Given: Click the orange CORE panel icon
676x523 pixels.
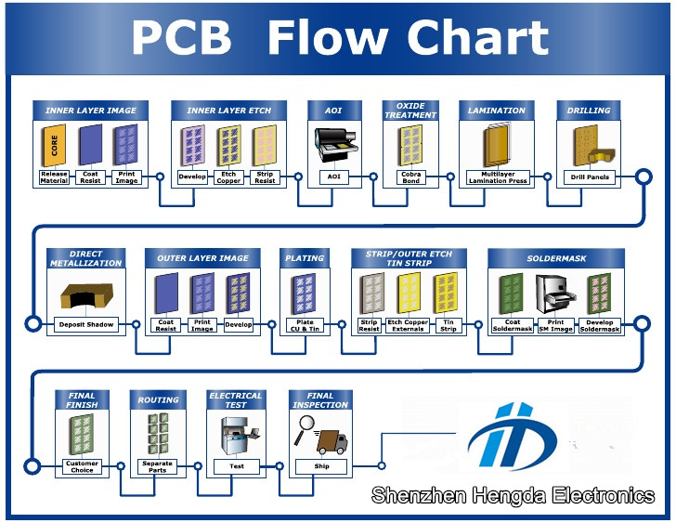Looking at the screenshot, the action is pos(54,145).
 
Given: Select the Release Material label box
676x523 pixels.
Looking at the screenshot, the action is pos(54,177).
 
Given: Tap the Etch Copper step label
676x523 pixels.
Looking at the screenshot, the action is pos(228,177).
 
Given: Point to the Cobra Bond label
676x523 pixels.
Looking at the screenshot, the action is pos(410,177).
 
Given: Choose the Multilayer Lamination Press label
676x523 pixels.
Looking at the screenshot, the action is pos(498,177).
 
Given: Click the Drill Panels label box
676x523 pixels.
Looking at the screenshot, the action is pos(590,177).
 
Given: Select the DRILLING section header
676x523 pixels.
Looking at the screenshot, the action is pos(589,111).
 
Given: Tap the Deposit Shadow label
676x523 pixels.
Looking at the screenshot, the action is pos(86,324).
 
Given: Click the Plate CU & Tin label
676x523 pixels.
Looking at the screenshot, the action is pos(305,325).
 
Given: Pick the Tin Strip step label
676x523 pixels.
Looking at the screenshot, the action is pos(448,325).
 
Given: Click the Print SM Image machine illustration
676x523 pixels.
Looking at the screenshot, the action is pos(555,294).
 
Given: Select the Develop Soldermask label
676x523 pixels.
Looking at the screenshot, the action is pos(599,325).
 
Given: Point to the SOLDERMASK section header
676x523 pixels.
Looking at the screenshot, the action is pos(556,258).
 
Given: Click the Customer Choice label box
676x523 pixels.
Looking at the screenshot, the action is pos(82,466).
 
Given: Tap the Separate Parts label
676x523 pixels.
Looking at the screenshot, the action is pos(157,466).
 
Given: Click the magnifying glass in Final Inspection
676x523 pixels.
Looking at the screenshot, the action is pos(305,428).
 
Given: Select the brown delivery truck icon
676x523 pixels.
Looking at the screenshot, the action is pos(332,442).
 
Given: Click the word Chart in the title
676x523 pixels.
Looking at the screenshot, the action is pos(477,37).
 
